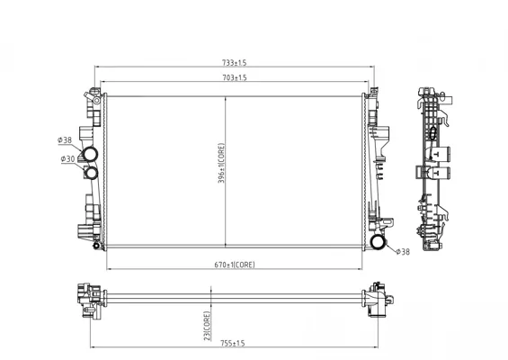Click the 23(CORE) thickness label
(209, 324)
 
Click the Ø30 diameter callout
(67, 159)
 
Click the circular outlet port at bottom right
(379, 241)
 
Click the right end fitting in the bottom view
(376, 298)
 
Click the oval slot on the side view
(432, 132)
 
